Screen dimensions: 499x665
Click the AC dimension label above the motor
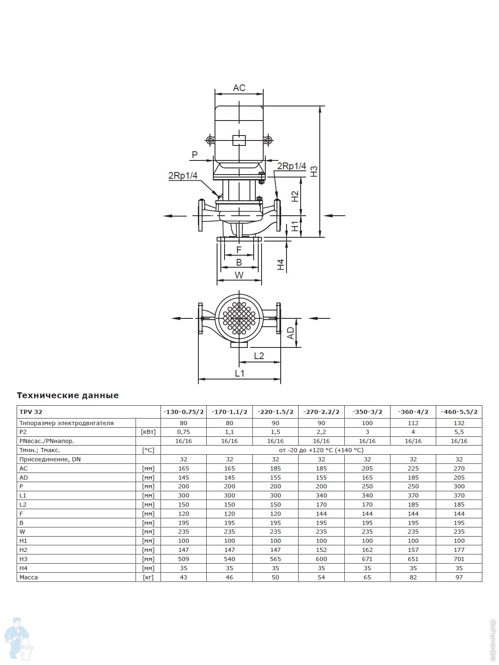click(x=239, y=88)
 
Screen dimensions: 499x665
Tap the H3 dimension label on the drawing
click(x=314, y=172)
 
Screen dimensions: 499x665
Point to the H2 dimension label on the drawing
click(x=295, y=196)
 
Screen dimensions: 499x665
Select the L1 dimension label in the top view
click(x=240, y=373)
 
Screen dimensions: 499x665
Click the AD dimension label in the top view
click(x=290, y=333)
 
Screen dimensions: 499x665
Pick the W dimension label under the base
click(x=239, y=275)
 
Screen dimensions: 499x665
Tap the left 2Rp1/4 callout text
click(x=183, y=175)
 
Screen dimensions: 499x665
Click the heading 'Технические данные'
click(x=67, y=395)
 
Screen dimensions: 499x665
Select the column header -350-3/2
click(x=367, y=412)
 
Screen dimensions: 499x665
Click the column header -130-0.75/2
click(x=183, y=412)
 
